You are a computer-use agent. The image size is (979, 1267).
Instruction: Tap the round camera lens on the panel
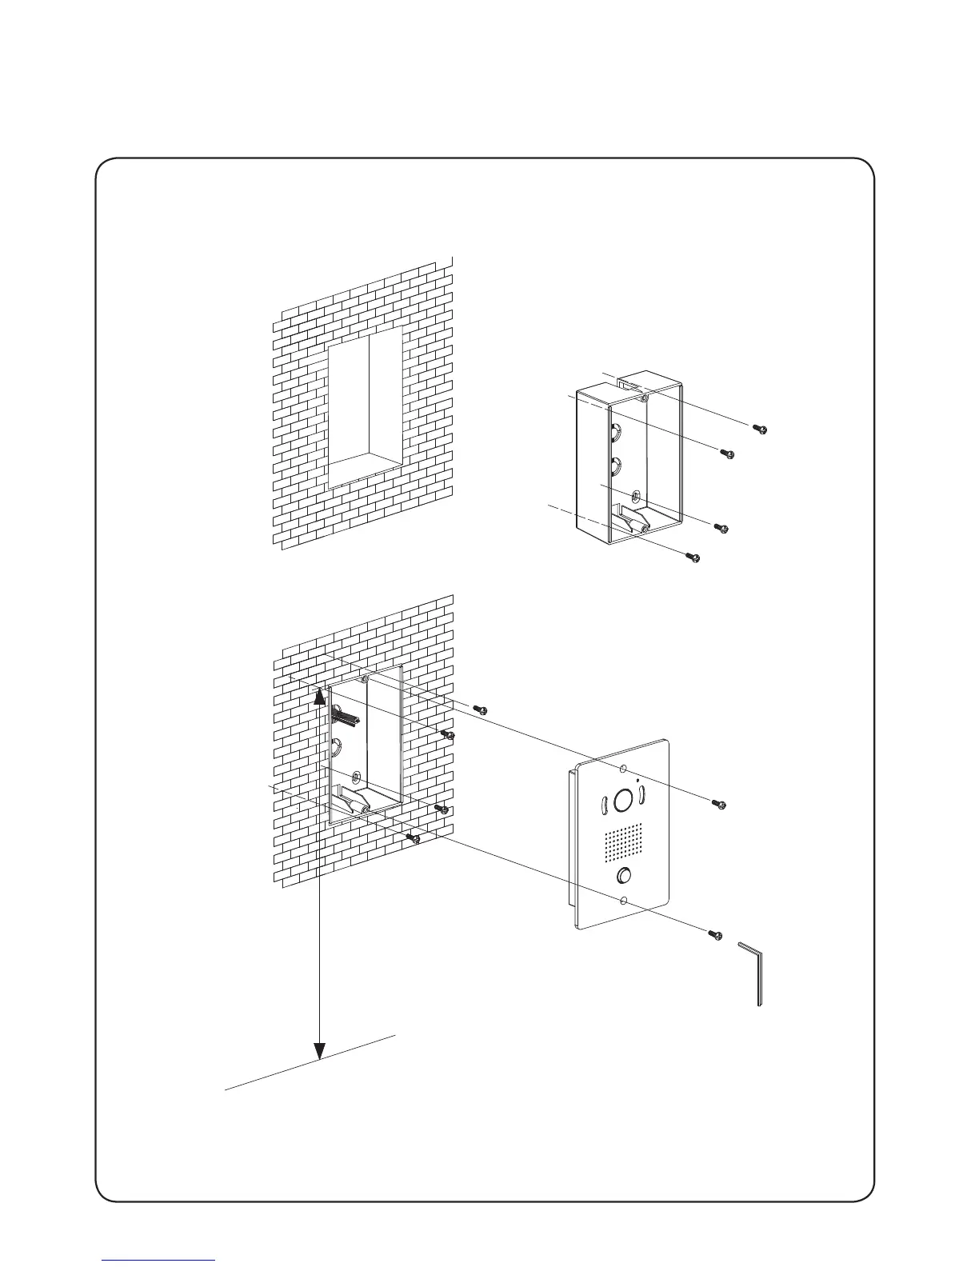coord(624,801)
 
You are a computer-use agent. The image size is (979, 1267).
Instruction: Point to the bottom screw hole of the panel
coord(624,901)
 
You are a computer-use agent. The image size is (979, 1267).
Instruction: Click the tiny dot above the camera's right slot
coord(637,780)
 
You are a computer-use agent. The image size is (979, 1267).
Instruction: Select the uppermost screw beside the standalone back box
coord(761,430)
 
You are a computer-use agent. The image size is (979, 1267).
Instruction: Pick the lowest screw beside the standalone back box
coord(695,557)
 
